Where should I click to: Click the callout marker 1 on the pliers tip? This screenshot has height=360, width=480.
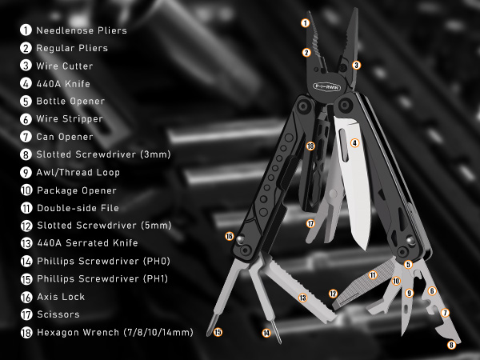click(305, 23)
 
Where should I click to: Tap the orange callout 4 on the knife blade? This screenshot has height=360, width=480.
click(354, 143)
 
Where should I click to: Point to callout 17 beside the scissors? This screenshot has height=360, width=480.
click(310, 224)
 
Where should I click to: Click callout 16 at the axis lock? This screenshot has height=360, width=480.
click(230, 236)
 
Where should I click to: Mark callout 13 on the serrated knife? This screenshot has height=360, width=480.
click(302, 298)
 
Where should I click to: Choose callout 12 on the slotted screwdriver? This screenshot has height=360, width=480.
click(333, 294)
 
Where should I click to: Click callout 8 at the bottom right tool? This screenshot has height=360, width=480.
click(451, 346)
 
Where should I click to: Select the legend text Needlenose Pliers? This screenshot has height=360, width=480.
click(82, 30)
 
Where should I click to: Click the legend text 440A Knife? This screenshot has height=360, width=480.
click(63, 83)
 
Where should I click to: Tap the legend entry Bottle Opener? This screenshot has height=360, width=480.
click(70, 101)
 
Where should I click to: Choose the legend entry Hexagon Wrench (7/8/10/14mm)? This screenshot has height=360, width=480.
click(114, 331)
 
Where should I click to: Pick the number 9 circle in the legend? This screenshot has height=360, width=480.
click(26, 172)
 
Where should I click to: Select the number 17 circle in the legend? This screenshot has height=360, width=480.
click(26, 314)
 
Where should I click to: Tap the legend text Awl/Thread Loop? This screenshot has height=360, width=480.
click(78, 172)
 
